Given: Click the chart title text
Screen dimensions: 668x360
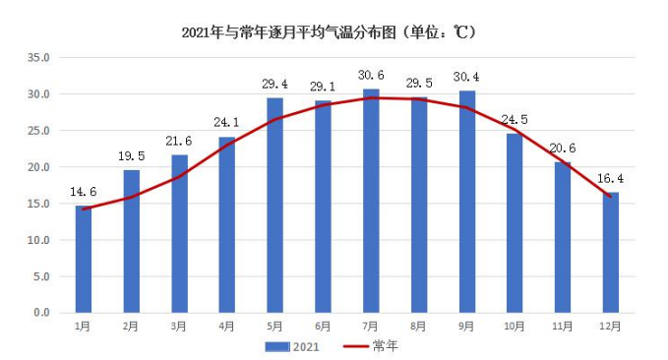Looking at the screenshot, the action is (329, 32).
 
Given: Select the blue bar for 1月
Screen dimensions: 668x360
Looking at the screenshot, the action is (84, 260).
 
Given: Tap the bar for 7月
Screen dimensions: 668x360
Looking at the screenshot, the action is (371, 201).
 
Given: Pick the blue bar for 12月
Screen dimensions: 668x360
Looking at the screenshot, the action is (611, 253).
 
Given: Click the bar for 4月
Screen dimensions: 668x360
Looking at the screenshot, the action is (227, 225).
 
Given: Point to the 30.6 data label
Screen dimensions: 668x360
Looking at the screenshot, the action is (371, 76).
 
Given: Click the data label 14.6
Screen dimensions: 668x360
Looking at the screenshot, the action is (84, 192).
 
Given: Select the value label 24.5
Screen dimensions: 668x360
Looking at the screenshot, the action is (515, 120).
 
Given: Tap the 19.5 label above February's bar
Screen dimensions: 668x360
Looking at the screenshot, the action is (132, 156).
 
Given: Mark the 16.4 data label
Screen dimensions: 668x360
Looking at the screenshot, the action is (611, 178).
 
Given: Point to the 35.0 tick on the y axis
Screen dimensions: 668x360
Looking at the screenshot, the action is (38, 57).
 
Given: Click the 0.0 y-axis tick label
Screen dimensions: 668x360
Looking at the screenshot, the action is (41, 313).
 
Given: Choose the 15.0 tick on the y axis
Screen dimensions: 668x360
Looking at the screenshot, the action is (38, 204).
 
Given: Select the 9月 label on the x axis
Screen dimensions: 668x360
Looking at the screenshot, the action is (467, 327).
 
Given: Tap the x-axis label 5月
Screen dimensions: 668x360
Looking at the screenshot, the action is (274, 327).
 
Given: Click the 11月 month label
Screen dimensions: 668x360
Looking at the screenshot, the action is (563, 327).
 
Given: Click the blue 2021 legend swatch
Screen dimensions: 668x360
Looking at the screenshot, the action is (277, 347).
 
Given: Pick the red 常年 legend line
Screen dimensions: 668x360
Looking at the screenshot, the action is (356, 346).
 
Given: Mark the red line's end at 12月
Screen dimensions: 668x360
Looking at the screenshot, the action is (611, 197).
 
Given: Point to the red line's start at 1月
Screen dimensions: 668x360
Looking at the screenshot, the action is (84, 210).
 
